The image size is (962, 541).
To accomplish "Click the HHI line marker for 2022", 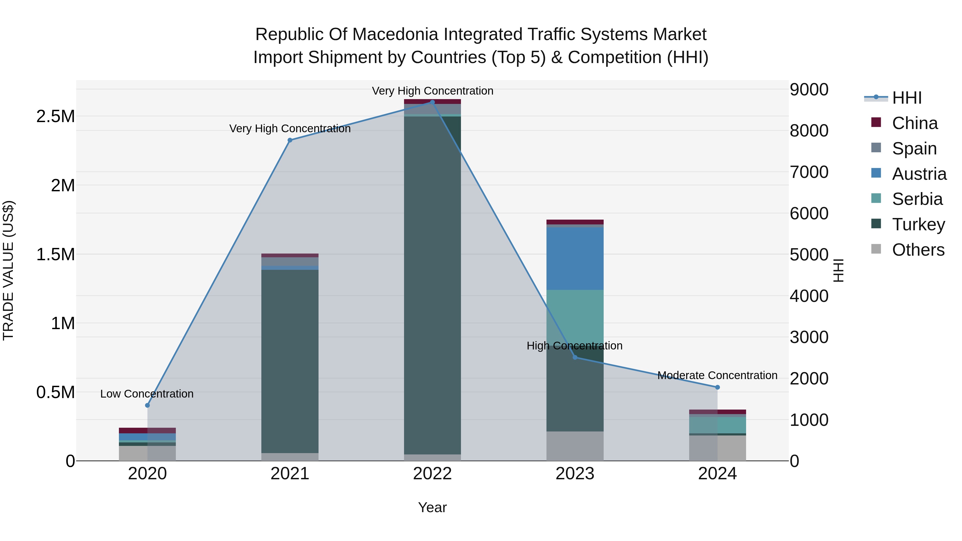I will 432,102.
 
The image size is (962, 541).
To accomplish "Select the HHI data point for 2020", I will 147,406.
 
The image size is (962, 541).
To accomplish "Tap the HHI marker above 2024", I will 717,388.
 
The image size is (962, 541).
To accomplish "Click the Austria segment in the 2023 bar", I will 575,258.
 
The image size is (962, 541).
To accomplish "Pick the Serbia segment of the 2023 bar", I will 575,317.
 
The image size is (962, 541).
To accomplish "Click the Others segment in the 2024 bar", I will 717,448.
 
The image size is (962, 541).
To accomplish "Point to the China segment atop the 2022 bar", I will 432,102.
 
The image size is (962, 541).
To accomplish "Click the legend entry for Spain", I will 914,149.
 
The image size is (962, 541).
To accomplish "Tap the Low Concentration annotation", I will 147,394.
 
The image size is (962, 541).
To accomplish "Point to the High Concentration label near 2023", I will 574,346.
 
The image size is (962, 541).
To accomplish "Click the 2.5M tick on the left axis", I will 56,116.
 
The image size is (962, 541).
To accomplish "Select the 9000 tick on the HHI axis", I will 809,89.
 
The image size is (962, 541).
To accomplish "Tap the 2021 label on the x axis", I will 290,474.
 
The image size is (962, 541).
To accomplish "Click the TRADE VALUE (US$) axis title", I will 8,270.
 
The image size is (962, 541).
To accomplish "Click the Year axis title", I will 432,507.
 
